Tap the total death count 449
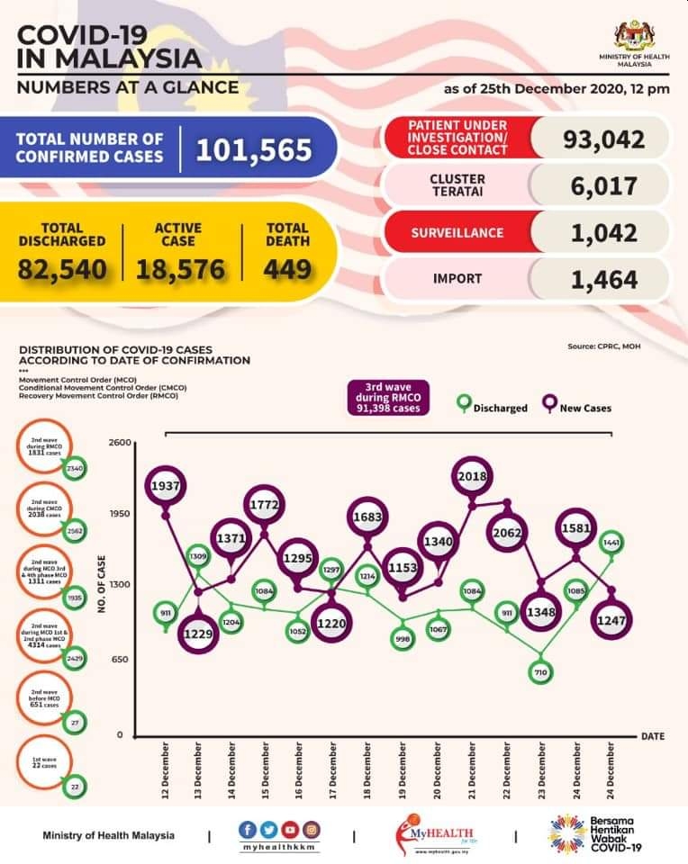287,267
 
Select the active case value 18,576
188,267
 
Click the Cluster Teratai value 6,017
603,185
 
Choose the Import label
457,278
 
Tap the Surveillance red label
457,232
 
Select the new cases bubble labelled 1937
168,484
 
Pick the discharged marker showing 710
541,671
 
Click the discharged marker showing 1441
611,542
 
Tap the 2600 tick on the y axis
120,443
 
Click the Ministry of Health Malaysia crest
635,36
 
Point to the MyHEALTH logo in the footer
439,834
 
